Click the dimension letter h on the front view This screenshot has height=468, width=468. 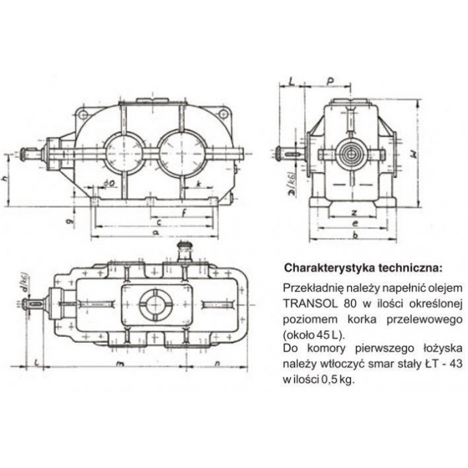(4, 179)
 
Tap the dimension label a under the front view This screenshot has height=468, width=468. (156, 232)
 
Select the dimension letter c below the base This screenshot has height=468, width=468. (159, 222)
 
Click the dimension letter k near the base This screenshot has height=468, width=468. (199, 184)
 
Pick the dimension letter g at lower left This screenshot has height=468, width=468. (70, 221)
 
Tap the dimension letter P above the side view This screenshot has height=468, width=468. (330, 81)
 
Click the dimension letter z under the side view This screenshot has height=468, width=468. (354, 212)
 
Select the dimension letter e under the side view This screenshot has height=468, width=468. (354, 223)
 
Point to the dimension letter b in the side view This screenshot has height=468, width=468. (355, 235)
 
